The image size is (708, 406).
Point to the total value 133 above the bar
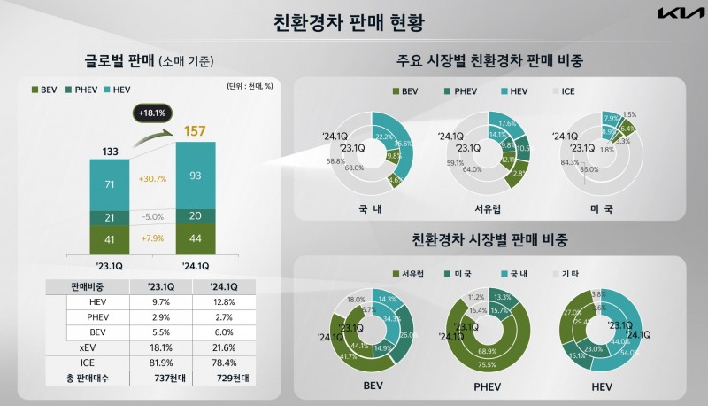(109, 151)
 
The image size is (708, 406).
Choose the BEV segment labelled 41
(109, 238)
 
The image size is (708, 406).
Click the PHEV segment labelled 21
(109, 218)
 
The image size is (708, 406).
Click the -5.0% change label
(152, 217)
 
